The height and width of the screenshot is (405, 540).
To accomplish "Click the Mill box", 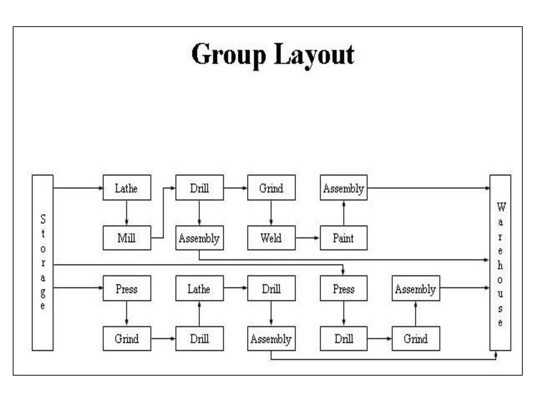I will tap(127, 238).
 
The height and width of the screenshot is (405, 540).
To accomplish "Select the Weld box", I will tap(271, 238).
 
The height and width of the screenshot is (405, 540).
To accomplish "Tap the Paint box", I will tap(343, 238).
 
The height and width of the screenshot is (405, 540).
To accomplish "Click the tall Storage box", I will tap(42, 263).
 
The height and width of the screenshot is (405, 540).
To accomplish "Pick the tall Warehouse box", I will tap(500, 263).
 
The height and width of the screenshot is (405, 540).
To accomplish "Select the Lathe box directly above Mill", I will tap(127, 188).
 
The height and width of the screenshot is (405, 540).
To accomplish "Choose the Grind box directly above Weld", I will tap(271, 188).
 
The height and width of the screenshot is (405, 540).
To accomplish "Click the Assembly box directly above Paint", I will tap(343, 188).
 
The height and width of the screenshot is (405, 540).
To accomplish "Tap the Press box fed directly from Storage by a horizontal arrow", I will tap(127, 288).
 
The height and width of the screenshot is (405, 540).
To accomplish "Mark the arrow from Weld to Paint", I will tap(307, 238).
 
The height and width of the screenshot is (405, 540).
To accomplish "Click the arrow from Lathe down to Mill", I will tap(127, 213).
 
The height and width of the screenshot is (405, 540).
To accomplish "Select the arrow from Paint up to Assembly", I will tap(344, 213).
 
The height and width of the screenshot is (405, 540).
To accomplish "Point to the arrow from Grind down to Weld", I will tap(271, 213).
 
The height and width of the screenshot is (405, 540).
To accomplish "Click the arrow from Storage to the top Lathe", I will tap(78, 188).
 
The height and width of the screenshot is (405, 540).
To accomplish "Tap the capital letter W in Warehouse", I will tap(501, 207).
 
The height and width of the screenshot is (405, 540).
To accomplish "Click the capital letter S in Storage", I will tap(43, 219).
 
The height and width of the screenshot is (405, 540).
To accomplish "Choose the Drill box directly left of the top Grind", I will tap(199, 188).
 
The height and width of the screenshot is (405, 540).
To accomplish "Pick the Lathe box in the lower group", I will tap(199, 288).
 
